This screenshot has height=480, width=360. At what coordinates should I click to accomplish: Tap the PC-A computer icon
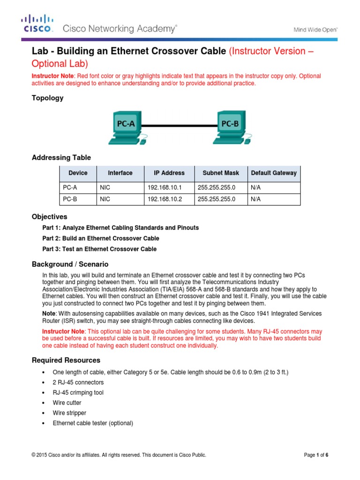[125, 127]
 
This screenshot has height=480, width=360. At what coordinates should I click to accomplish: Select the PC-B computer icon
[229, 127]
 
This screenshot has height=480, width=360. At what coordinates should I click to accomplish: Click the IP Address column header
[169, 173]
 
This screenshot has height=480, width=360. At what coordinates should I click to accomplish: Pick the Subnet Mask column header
[220, 173]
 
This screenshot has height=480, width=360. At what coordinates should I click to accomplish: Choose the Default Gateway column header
[274, 173]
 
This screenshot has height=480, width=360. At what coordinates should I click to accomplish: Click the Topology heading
[47, 98]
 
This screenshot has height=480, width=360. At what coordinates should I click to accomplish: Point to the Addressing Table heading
[61, 157]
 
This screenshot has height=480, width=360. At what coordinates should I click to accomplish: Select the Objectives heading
[49, 217]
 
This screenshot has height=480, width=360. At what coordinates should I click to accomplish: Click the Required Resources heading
[66, 360]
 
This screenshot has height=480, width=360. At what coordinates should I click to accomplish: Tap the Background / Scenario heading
[70, 264]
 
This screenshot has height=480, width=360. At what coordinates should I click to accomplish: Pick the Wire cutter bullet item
[67, 403]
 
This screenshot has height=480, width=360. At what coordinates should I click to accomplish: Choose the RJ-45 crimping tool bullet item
[78, 392]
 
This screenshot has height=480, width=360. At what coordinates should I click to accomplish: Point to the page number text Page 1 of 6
[316, 455]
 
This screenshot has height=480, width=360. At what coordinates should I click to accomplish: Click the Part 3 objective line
[99, 249]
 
